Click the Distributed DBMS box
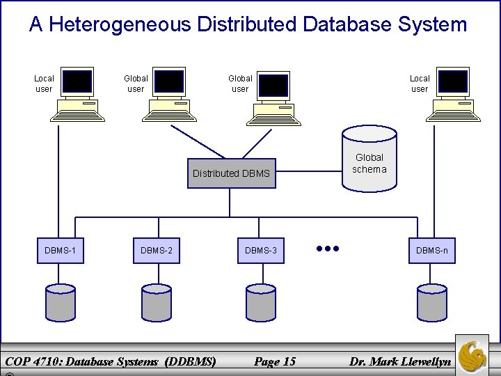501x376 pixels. [231, 173]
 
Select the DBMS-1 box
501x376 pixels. [60, 250]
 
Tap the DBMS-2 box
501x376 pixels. [157, 250]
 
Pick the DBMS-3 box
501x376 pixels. [261, 250]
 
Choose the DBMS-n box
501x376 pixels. [432, 250]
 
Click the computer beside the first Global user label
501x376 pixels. [169, 95]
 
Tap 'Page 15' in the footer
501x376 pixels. [275, 361]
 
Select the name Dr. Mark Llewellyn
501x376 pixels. [400, 361]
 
